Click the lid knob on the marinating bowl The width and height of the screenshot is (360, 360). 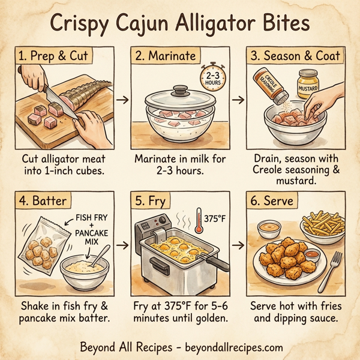181,91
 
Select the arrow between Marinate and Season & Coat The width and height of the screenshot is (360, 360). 238,99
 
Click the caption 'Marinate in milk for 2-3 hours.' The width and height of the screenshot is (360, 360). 179,165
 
